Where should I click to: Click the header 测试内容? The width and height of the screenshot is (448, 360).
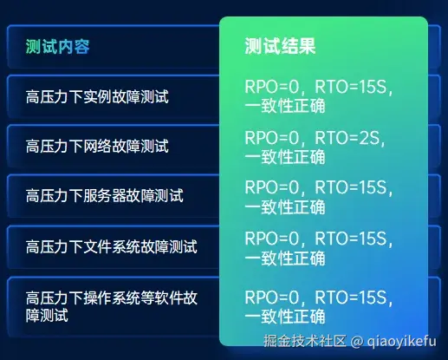point(58,46)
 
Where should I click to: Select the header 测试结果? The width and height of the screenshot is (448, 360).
point(280,46)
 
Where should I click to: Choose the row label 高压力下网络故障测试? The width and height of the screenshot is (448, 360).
point(97,145)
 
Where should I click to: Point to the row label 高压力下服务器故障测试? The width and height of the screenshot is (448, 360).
point(105,195)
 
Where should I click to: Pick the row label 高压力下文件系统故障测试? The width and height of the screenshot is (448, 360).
point(112,246)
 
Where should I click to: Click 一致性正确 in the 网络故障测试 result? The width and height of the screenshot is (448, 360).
point(285,157)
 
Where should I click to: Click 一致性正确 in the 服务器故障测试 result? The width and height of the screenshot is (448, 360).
point(285,207)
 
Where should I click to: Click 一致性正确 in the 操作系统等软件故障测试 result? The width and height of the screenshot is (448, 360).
point(285,316)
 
